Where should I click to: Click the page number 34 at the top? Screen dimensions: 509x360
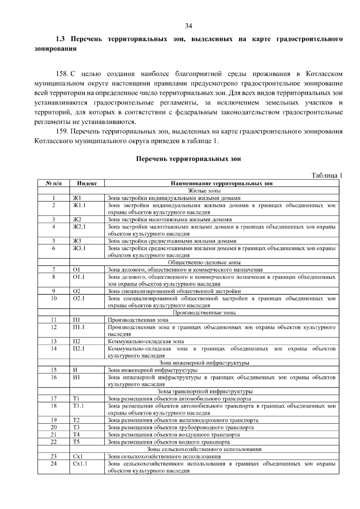(188, 26)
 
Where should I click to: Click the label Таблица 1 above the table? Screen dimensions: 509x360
(327, 176)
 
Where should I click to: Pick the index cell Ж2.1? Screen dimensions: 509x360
(79, 227)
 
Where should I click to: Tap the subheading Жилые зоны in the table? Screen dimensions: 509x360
(204, 191)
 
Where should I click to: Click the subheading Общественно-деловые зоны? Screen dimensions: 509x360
(204, 262)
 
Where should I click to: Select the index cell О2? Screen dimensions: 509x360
(77, 291)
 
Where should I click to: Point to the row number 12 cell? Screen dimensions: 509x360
(53, 327)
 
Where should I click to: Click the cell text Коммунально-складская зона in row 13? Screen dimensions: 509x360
(146, 341)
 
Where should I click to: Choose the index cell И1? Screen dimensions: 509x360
(76, 377)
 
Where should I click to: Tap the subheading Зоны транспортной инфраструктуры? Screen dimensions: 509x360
(205, 391)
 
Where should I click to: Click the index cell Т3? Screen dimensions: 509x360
(76, 427)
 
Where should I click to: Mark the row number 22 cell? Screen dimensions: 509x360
(53, 442)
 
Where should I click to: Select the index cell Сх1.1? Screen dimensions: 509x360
(80, 464)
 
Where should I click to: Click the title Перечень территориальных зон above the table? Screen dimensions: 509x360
(188, 159)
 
